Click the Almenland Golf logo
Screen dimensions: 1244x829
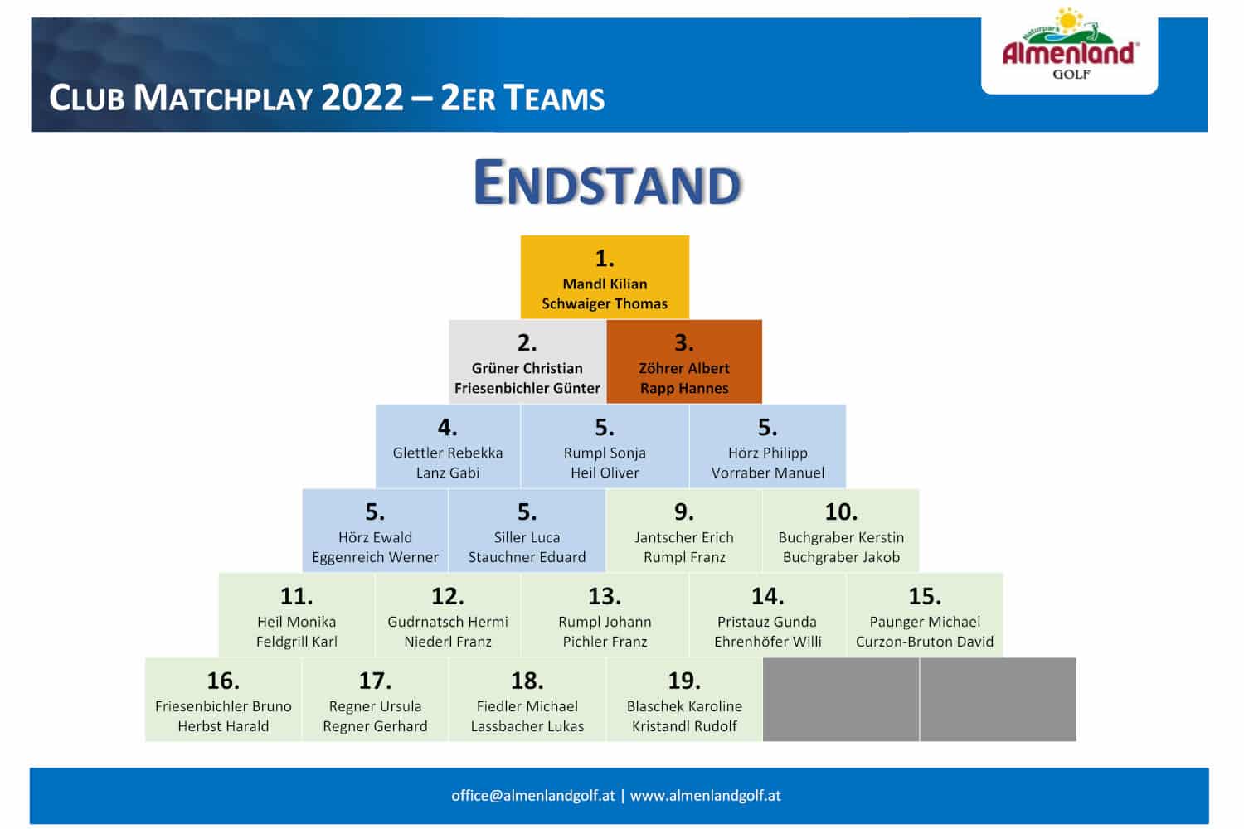point(1070,45)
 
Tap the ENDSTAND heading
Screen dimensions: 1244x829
point(607,182)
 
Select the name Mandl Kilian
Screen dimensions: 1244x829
point(605,284)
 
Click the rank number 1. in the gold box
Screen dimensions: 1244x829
point(605,258)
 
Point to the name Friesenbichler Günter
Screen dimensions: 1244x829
point(527,388)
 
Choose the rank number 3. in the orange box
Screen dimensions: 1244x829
point(684,342)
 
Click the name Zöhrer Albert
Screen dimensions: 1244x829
point(684,368)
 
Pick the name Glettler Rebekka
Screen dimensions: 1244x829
point(448,453)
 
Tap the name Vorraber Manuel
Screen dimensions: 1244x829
point(767,473)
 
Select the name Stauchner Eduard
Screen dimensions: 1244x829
point(527,557)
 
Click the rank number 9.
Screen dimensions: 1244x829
point(684,511)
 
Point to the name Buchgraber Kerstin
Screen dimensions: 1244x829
point(841,537)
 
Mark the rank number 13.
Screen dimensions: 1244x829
point(605,596)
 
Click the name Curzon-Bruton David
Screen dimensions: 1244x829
point(925,642)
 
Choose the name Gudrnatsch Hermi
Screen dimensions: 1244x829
point(448,621)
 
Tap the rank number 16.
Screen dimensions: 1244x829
point(223,680)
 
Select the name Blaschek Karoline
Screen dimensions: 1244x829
point(684,705)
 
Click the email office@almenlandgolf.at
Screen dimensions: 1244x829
point(533,796)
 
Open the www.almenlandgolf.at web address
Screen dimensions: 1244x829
point(705,796)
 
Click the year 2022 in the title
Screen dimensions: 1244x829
point(362,98)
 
